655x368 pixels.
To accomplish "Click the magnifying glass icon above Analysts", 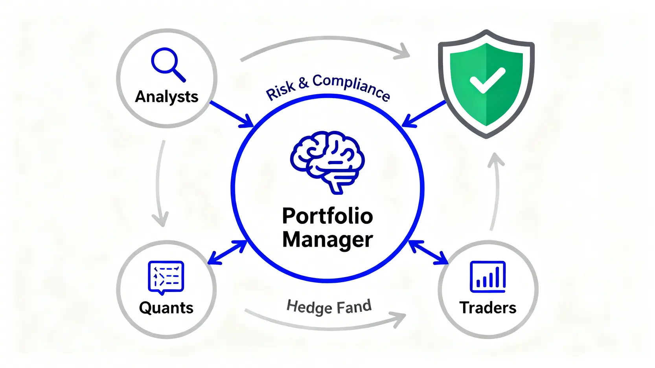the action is tap(168, 64).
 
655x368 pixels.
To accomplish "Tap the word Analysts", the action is tap(167, 97).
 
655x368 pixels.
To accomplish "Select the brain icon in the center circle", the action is tap(327, 162).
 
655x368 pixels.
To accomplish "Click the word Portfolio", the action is tap(327, 216).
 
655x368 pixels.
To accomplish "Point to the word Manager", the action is tap(327, 240).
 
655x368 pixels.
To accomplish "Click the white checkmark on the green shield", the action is tap(488, 81).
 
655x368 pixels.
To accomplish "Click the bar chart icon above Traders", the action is tap(488, 276).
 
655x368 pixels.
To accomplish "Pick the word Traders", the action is tap(488, 308).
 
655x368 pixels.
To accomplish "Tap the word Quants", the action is tap(166, 308).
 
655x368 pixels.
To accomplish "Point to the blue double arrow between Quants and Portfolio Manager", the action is tap(227, 253).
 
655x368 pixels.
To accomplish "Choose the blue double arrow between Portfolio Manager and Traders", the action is tap(429, 253).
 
